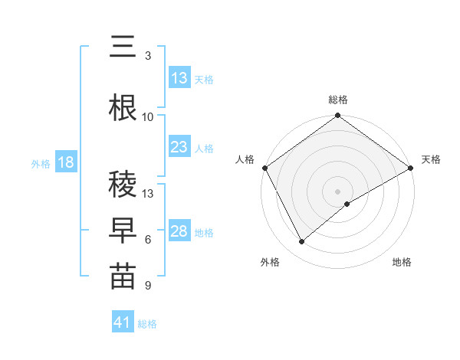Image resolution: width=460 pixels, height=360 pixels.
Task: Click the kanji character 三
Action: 123,47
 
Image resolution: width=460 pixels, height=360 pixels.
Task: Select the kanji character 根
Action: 123,107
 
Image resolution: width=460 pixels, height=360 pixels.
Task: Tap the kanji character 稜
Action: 123,184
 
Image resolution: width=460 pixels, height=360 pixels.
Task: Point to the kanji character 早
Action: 123,230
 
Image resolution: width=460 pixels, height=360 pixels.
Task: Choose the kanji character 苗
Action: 123,277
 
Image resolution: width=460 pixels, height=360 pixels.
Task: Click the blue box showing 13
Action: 179,78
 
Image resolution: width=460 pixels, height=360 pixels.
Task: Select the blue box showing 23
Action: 179,147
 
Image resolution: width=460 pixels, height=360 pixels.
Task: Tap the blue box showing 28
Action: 179,231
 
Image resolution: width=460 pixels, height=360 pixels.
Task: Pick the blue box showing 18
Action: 65,162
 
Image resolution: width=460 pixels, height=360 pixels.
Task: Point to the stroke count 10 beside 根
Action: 148,116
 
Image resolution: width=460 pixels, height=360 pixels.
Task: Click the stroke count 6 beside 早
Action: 148,239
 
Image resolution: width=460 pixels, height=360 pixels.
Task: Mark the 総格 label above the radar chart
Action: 338,100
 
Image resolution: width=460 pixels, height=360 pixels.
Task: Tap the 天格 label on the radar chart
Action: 431,159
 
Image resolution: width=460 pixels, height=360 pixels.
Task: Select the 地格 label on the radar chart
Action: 402,262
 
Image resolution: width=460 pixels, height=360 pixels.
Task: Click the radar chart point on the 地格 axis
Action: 347,203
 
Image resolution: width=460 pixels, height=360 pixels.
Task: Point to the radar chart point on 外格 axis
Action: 302,241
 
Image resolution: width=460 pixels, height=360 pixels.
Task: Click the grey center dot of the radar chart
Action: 338,191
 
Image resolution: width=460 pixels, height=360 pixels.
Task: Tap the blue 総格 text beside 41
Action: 147,324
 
